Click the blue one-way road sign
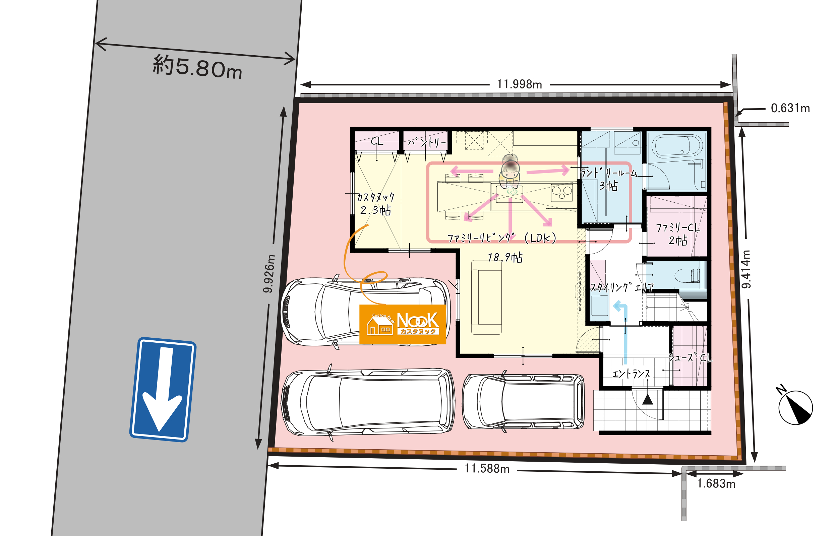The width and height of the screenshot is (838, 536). (x=163, y=390)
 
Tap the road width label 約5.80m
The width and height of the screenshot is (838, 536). (x=197, y=68)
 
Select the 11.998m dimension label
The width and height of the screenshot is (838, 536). (x=519, y=84)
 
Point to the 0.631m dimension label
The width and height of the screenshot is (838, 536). (x=790, y=108)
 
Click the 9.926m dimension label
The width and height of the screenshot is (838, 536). (x=269, y=274)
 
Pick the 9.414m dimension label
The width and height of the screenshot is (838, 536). (x=746, y=269)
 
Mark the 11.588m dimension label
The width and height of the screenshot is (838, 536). (x=487, y=469)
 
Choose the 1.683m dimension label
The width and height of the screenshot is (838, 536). (x=716, y=484)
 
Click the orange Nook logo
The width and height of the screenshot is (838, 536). (x=403, y=324)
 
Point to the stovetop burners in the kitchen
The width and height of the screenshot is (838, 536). (x=561, y=193)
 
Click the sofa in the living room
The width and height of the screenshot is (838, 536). (x=486, y=297)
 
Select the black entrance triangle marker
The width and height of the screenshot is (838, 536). (x=648, y=399)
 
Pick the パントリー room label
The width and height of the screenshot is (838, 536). (x=427, y=142)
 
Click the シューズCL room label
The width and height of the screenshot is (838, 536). (x=690, y=357)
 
